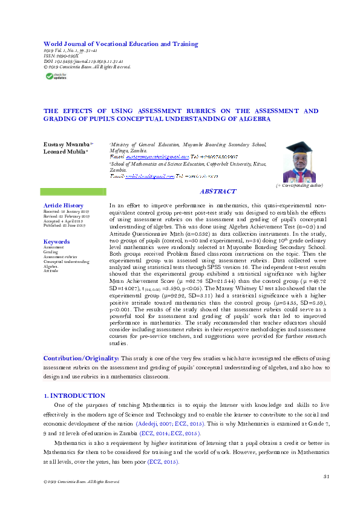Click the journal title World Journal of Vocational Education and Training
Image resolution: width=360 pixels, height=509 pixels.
120,44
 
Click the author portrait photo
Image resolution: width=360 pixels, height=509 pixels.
299,162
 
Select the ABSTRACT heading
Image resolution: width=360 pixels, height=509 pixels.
218,192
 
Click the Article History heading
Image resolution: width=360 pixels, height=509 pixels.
64,206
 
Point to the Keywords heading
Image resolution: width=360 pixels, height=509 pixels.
57,242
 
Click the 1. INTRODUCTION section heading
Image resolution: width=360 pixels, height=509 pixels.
75,395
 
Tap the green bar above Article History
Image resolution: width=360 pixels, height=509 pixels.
73,192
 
